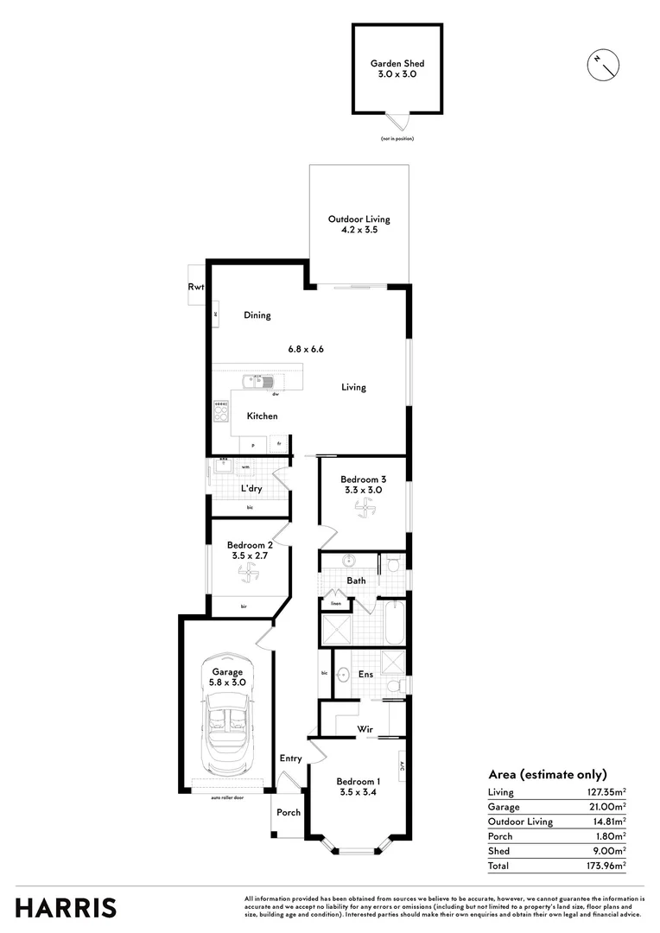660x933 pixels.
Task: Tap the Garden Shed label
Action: (397, 64)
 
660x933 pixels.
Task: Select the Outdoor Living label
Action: (359, 220)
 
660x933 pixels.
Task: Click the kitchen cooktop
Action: (220, 412)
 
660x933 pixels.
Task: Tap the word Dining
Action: (257, 315)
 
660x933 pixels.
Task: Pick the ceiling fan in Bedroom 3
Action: (362, 511)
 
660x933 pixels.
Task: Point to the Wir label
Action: (365, 730)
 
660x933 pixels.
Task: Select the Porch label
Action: (289, 812)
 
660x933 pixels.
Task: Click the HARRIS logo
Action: (66, 907)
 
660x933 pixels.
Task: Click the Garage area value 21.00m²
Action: (607, 807)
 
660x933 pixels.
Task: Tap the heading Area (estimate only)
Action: (548, 774)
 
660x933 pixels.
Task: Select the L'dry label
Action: (251, 489)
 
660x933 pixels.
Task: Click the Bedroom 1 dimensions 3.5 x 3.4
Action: (357, 791)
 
